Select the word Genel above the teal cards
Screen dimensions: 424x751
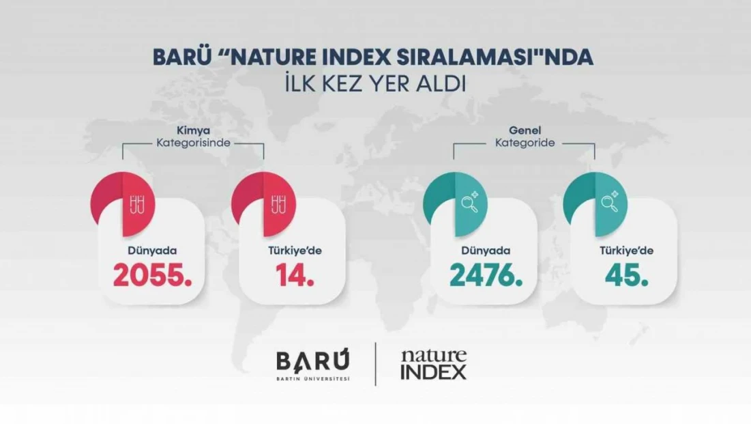point(525,130)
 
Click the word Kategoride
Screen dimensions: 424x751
point(525,143)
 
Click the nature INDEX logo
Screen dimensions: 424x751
point(433,364)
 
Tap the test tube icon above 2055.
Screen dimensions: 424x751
point(136,203)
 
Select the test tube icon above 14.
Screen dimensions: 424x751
point(278,203)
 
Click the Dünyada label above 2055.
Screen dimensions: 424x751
point(149,251)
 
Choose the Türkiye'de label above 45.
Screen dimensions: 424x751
point(626,251)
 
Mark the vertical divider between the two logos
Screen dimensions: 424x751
point(376,364)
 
